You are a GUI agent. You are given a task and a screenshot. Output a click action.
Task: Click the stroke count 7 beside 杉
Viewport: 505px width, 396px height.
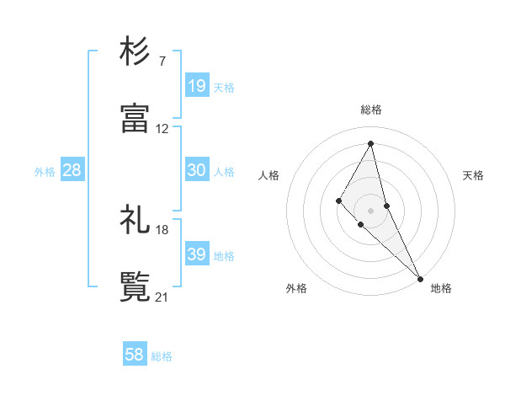[x=162, y=62]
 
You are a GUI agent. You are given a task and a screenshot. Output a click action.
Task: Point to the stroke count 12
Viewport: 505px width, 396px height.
[x=162, y=129]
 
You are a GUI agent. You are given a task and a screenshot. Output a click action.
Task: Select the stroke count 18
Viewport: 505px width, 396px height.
[x=162, y=229]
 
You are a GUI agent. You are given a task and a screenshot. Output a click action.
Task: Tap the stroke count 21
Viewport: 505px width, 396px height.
[x=162, y=297]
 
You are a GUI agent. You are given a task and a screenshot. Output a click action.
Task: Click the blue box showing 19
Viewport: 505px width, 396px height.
[x=197, y=86]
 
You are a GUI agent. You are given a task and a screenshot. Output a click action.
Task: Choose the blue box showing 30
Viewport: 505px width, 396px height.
[x=197, y=170]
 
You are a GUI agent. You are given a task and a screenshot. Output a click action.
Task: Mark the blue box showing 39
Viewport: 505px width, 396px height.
[x=197, y=254]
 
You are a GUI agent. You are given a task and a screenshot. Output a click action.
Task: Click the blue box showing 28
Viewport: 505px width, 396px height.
[x=72, y=170]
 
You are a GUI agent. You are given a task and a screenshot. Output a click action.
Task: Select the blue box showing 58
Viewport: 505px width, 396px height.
[x=135, y=356]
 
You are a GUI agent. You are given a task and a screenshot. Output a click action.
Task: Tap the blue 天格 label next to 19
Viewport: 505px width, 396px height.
[x=224, y=88]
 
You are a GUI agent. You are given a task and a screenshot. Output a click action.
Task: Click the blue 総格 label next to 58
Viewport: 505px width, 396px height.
[x=162, y=357]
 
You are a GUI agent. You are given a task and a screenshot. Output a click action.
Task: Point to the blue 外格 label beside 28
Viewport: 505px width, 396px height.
[x=45, y=172]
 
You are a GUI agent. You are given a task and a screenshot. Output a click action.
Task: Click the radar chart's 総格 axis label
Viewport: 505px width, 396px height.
[x=371, y=110]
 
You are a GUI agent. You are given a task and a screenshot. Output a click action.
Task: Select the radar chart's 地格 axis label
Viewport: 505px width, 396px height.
[x=441, y=288]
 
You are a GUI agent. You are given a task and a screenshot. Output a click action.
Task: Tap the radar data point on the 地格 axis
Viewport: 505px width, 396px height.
[x=419, y=277]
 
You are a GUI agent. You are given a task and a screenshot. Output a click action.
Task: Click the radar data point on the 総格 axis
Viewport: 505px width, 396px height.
[x=371, y=143]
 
